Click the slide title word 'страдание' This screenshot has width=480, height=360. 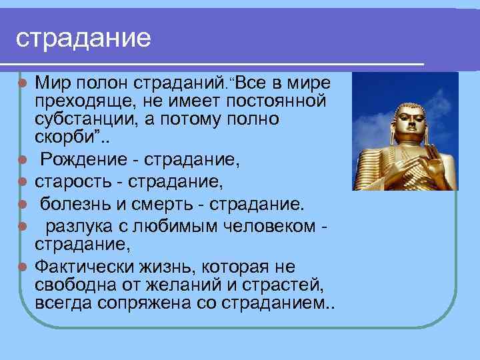83,37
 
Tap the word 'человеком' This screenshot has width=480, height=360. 266,226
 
